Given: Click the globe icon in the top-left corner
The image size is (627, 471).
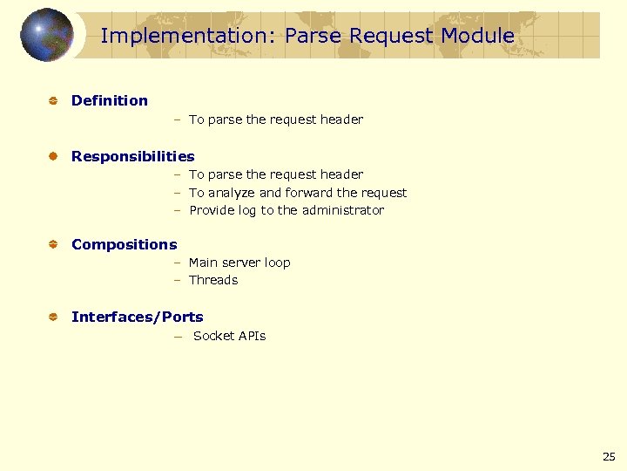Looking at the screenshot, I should point(46,35).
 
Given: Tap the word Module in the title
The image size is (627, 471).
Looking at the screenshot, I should point(477,36).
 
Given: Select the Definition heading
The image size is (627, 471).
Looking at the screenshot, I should point(110,100).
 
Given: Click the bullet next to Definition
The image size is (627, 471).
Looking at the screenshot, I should point(52,101).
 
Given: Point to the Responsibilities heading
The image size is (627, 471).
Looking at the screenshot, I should point(133,156).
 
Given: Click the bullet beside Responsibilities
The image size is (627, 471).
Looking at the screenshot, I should point(52,157).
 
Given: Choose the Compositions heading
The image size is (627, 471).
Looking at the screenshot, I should point(124,244).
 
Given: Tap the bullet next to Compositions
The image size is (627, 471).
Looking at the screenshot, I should point(52,245).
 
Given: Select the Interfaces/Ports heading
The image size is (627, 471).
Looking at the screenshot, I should point(138,317).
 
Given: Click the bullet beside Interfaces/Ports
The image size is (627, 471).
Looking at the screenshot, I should point(52,317).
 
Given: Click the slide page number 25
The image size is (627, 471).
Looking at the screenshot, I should point(609,456).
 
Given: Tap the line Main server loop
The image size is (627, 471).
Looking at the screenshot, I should point(239,263).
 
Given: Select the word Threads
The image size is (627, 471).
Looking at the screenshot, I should point(213,280).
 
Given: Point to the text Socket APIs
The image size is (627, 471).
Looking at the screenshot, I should point(230,336).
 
